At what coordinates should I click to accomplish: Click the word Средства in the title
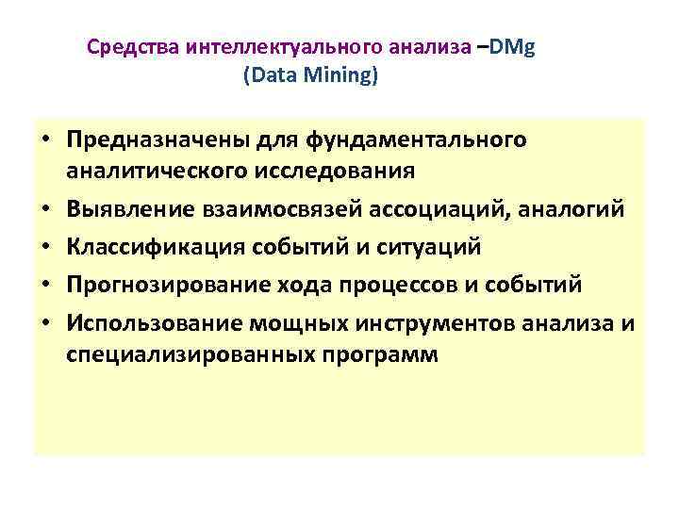134,48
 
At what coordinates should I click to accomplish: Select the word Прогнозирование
157,285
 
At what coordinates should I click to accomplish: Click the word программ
382,355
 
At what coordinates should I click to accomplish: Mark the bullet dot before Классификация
44,247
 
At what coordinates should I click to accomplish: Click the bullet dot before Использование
44,323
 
